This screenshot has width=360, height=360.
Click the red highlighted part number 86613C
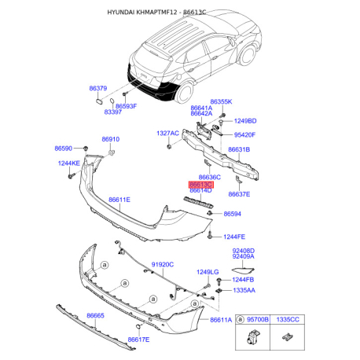[200, 184]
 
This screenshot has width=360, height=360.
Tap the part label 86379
[98, 90]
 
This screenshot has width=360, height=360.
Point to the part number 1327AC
[167, 133]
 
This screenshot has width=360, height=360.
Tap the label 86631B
[239, 149]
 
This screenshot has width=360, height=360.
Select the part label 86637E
[239, 194]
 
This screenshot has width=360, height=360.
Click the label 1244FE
[234, 237]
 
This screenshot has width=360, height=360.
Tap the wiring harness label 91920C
[162, 265]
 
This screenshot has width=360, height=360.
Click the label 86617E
[138, 340]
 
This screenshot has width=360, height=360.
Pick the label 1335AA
[242, 290]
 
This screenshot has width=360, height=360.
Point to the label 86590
[63, 149]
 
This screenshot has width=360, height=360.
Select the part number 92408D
[243, 250]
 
